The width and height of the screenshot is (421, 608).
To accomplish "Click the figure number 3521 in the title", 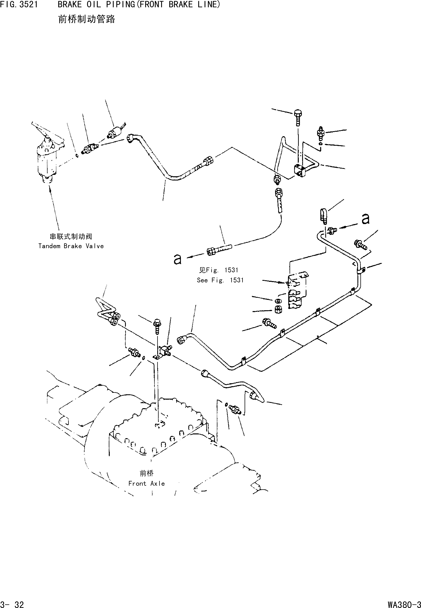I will pos(28,4).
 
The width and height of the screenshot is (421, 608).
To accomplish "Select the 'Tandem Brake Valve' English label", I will pos(71,246).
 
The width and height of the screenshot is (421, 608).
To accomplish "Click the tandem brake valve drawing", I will pos(47,158).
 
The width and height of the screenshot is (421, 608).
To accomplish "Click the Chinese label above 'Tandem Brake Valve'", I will pos(71,236).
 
